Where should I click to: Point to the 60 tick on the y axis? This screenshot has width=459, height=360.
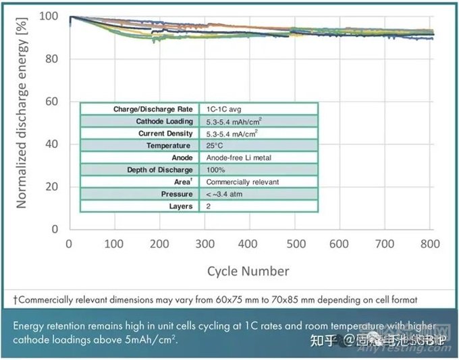pyautogui.click(x=55, y=102)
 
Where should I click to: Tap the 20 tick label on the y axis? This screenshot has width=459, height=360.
pyautogui.click(x=55, y=186)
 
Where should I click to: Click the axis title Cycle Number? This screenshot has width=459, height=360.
pyautogui.click(x=248, y=272)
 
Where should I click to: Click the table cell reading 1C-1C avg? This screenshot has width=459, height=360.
pyautogui.click(x=223, y=109)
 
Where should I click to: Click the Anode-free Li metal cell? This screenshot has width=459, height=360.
pyautogui.click(x=234, y=158)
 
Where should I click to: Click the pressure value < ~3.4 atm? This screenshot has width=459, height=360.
pyautogui.click(x=223, y=195)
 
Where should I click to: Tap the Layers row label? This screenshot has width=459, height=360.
pyautogui.click(x=180, y=207)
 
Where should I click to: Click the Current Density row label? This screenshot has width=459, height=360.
pyautogui.click(x=165, y=134)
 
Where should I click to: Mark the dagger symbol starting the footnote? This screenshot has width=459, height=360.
pyautogui.click(x=15, y=299)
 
